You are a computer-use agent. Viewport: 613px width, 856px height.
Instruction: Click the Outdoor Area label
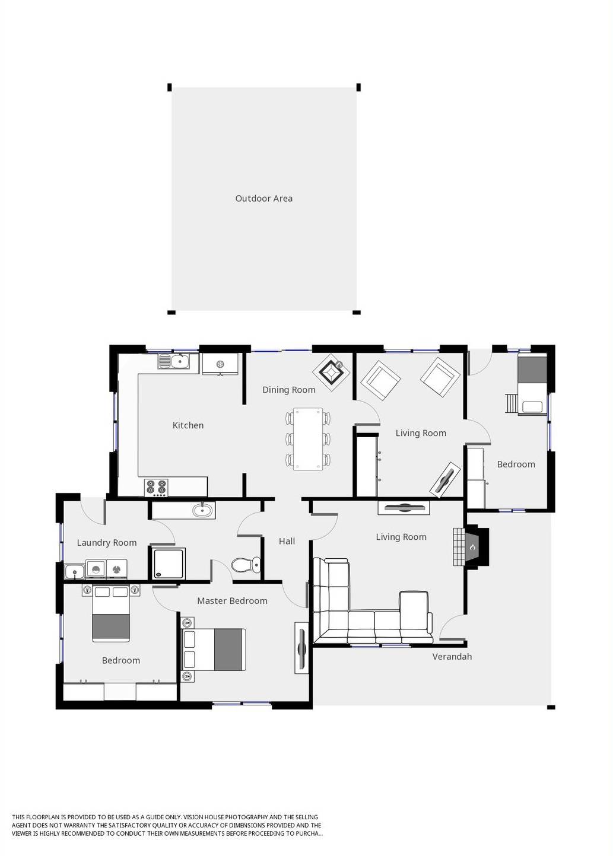[x=263, y=198]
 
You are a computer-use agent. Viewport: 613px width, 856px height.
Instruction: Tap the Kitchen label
[x=188, y=425]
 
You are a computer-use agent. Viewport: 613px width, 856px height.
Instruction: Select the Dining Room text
[x=288, y=389]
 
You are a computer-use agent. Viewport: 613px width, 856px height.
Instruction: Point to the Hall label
[x=287, y=540]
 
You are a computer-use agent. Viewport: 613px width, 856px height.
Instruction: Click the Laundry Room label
[x=107, y=542]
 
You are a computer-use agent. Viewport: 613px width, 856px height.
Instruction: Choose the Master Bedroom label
[x=232, y=600]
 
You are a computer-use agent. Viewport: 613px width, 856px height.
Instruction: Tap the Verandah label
[x=452, y=656]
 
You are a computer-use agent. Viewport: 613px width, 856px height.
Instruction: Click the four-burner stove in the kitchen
[x=157, y=487]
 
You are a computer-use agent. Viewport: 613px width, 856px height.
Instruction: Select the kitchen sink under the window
[x=174, y=361]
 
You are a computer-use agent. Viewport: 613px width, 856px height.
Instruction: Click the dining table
[x=308, y=439]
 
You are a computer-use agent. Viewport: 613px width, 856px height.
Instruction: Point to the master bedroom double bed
[x=214, y=650]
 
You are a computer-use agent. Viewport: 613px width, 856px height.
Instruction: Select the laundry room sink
[x=75, y=571]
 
